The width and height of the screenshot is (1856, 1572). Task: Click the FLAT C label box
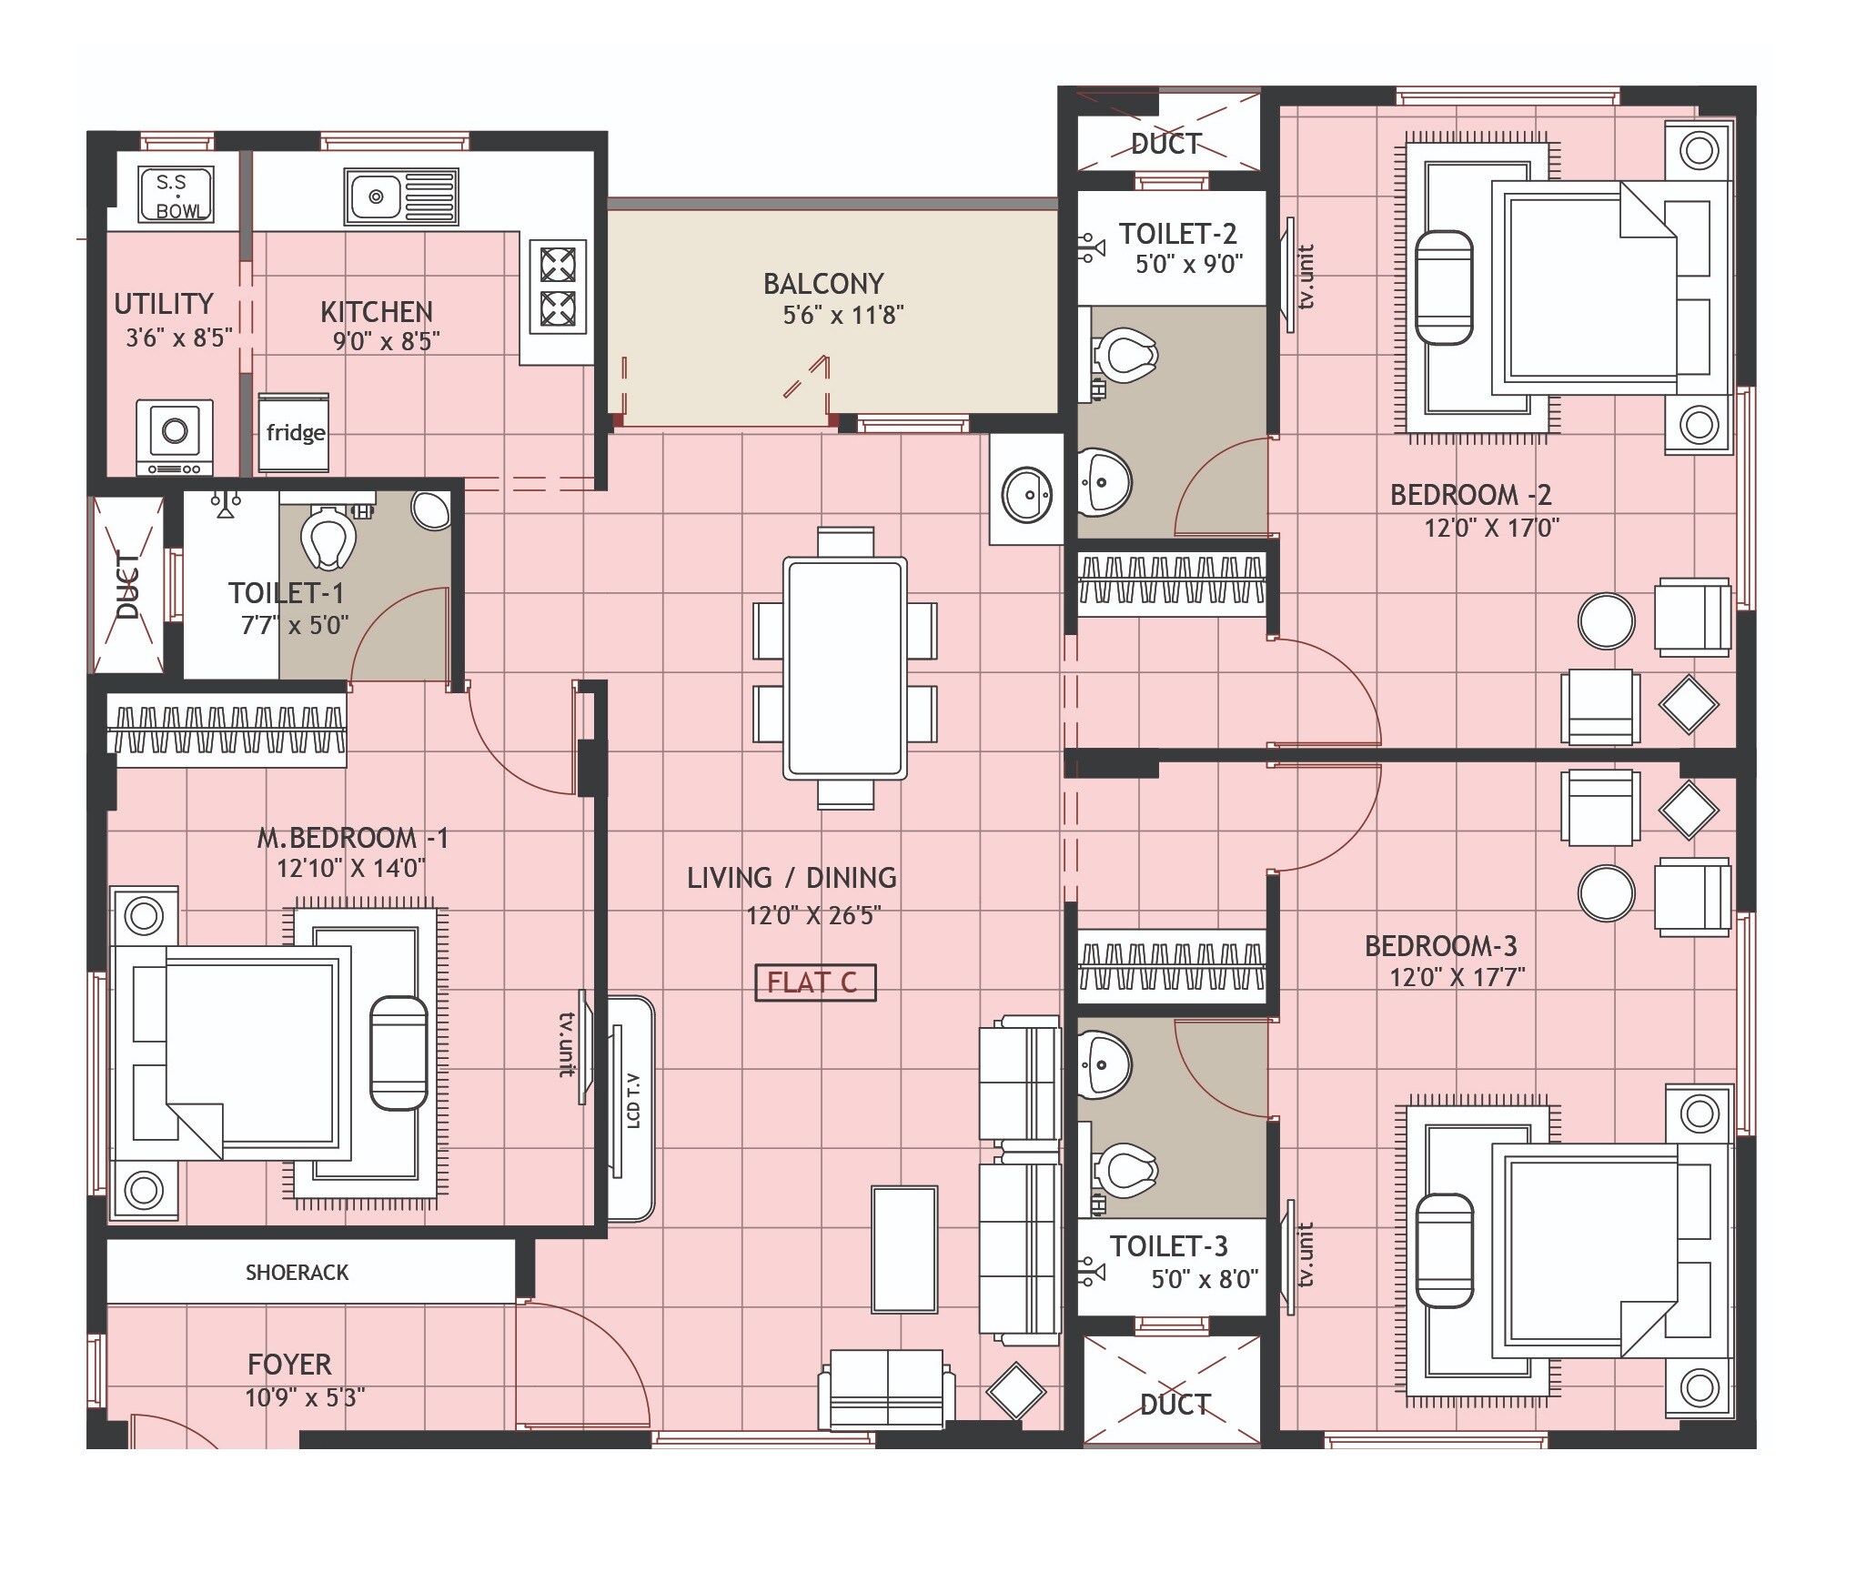(x=815, y=982)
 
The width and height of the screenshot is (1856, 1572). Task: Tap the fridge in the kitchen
(x=294, y=432)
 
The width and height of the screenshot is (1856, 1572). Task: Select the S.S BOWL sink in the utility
(x=176, y=195)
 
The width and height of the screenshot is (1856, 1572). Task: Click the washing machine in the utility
(x=175, y=437)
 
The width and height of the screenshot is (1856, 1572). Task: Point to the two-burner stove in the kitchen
(x=558, y=287)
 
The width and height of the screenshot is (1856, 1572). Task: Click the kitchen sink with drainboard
(x=401, y=196)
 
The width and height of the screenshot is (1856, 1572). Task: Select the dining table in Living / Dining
(x=845, y=668)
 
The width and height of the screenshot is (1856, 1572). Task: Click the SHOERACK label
(x=297, y=1273)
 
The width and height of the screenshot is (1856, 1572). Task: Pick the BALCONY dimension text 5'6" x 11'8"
(x=842, y=316)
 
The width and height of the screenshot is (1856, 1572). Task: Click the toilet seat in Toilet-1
(x=326, y=537)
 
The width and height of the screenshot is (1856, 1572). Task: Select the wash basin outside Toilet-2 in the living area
(x=1026, y=495)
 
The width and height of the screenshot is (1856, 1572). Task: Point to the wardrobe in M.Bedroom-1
(x=226, y=730)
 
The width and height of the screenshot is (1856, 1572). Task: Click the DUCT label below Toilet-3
(x=1174, y=1405)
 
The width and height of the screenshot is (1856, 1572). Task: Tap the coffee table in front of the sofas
(x=903, y=1249)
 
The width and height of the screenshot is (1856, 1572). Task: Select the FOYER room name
(x=289, y=1365)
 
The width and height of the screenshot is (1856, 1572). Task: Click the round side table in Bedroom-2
(x=1606, y=621)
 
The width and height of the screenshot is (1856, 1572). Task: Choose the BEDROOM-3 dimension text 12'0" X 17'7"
(x=1456, y=978)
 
